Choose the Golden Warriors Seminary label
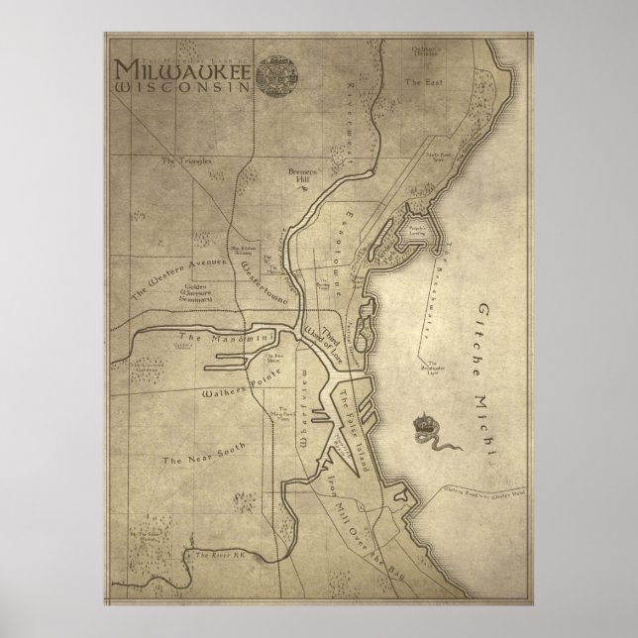(x=198, y=292)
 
